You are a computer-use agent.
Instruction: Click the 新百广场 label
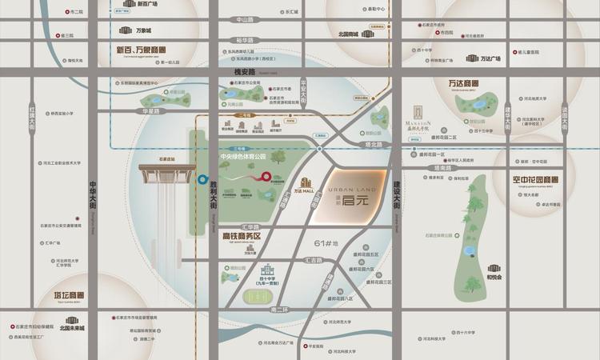pos(147,4)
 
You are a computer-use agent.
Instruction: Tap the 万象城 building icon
pos(125,30)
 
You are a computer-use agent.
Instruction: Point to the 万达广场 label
pos(490,58)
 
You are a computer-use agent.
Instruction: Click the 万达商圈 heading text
pos(458,84)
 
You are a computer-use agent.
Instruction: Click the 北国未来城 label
pos(72,328)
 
